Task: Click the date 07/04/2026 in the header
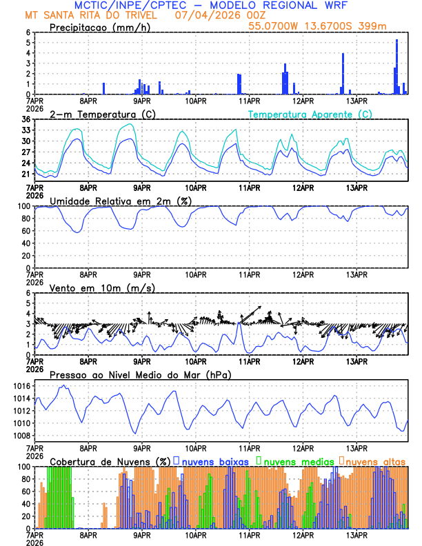[x=208, y=14]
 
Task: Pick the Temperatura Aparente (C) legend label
[x=310, y=114]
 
